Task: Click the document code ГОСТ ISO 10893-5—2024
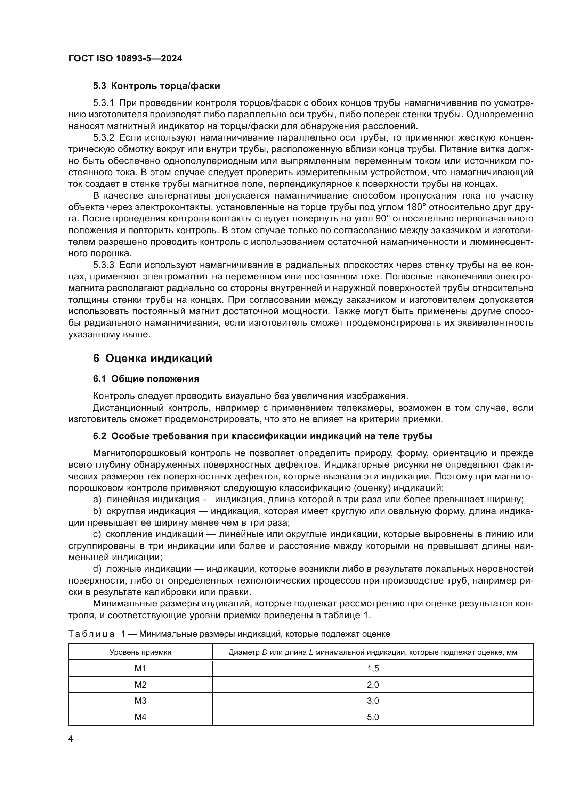coord(125,59)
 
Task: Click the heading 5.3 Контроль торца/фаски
coord(156,86)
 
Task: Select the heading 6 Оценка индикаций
coord(152,358)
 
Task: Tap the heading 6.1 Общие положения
coord(146,379)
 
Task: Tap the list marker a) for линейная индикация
coord(97,500)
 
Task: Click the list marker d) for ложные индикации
coord(97,569)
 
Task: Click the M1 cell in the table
coord(140,668)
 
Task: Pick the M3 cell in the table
coord(140,701)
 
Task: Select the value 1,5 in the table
coord(373,668)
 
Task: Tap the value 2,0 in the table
coord(373,685)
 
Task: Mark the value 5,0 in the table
coord(373,717)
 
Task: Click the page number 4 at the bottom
coord(71,739)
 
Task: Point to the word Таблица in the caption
coord(91,634)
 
